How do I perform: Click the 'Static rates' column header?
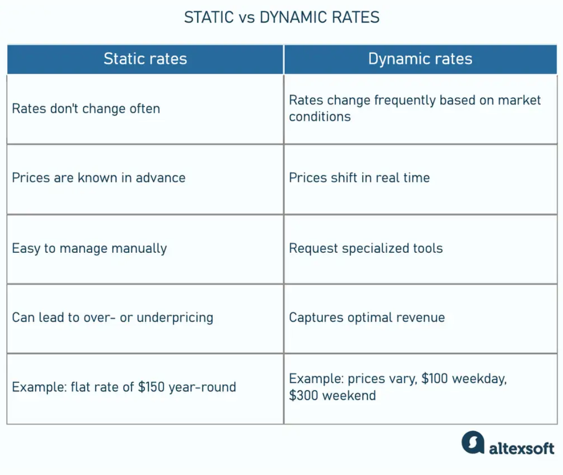click(145, 59)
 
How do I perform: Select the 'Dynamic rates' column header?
click(420, 59)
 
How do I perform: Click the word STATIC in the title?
click(209, 17)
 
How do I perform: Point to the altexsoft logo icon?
click(473, 442)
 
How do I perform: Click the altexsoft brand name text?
click(522, 448)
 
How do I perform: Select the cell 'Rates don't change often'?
click(86, 109)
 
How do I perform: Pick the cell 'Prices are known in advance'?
click(99, 178)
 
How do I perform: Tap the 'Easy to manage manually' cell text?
click(89, 248)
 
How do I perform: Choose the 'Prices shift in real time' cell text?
click(359, 178)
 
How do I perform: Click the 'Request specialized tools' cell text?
click(366, 248)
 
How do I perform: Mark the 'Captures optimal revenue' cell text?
click(367, 317)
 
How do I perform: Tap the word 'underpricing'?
click(175, 318)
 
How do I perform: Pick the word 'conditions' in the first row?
click(320, 117)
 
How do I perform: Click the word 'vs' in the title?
click(246, 18)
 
